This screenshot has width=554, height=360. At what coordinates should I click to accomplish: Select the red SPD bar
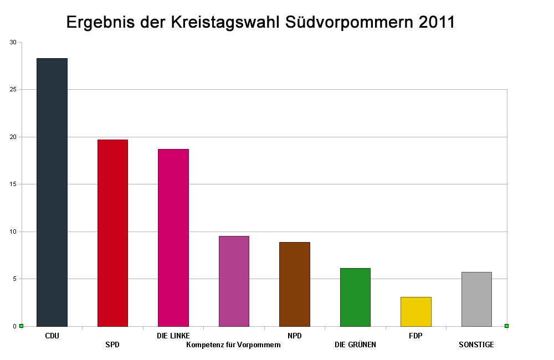(112, 233)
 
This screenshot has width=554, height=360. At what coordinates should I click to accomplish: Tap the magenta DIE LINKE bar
(173, 238)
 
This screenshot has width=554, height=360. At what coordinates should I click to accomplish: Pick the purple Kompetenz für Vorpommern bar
(234, 281)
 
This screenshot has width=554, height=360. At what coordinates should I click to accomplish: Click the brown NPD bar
(294, 284)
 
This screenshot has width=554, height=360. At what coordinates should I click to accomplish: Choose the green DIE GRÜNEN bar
(355, 297)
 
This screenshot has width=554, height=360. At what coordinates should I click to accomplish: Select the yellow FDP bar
(416, 311)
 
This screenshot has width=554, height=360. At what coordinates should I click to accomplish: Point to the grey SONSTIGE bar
(476, 299)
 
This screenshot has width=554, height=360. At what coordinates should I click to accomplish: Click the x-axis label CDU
(52, 336)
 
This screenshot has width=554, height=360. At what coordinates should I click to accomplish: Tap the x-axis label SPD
(112, 345)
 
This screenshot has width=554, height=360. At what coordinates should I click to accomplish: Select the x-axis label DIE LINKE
(173, 336)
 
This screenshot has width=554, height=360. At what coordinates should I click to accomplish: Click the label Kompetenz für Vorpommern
(234, 345)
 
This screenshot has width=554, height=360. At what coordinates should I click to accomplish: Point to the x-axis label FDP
(416, 336)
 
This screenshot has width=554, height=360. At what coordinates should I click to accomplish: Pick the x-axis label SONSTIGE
(476, 345)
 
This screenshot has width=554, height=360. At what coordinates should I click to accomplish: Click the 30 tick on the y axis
(13, 42)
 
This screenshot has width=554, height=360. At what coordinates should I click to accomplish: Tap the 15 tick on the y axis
(13, 184)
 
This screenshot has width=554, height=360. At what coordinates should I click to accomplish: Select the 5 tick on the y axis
(14, 279)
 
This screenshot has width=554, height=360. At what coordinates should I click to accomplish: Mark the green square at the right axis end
(506, 326)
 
